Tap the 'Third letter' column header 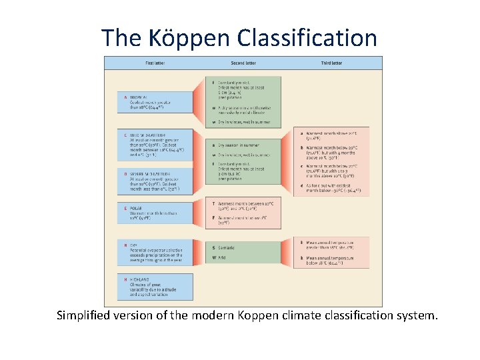pos(331,63)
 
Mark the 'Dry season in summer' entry pos(239,145)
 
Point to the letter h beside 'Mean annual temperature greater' pos(301,242)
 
